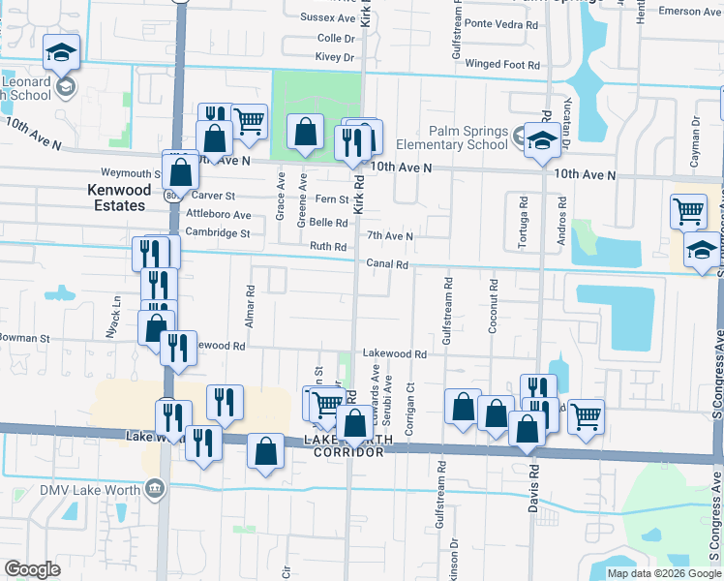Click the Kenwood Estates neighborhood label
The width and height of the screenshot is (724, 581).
click(x=116, y=198)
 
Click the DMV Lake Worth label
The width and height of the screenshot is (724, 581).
click(x=90, y=489)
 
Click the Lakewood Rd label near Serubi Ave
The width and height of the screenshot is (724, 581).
click(x=395, y=355)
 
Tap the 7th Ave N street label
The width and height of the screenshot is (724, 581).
click(x=390, y=236)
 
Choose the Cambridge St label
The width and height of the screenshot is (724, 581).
click(x=218, y=233)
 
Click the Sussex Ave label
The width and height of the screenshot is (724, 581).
click(x=328, y=18)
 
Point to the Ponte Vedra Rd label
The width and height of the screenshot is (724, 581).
click(x=501, y=23)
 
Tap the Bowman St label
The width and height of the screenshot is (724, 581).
click(x=24, y=339)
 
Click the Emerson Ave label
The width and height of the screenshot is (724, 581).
click(x=690, y=12)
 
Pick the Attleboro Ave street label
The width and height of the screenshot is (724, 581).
click(x=219, y=215)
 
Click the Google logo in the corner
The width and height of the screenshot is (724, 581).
click(x=32, y=569)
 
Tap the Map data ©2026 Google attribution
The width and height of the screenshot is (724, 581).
click(x=663, y=573)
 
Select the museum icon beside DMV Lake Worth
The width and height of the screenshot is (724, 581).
click(x=154, y=489)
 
